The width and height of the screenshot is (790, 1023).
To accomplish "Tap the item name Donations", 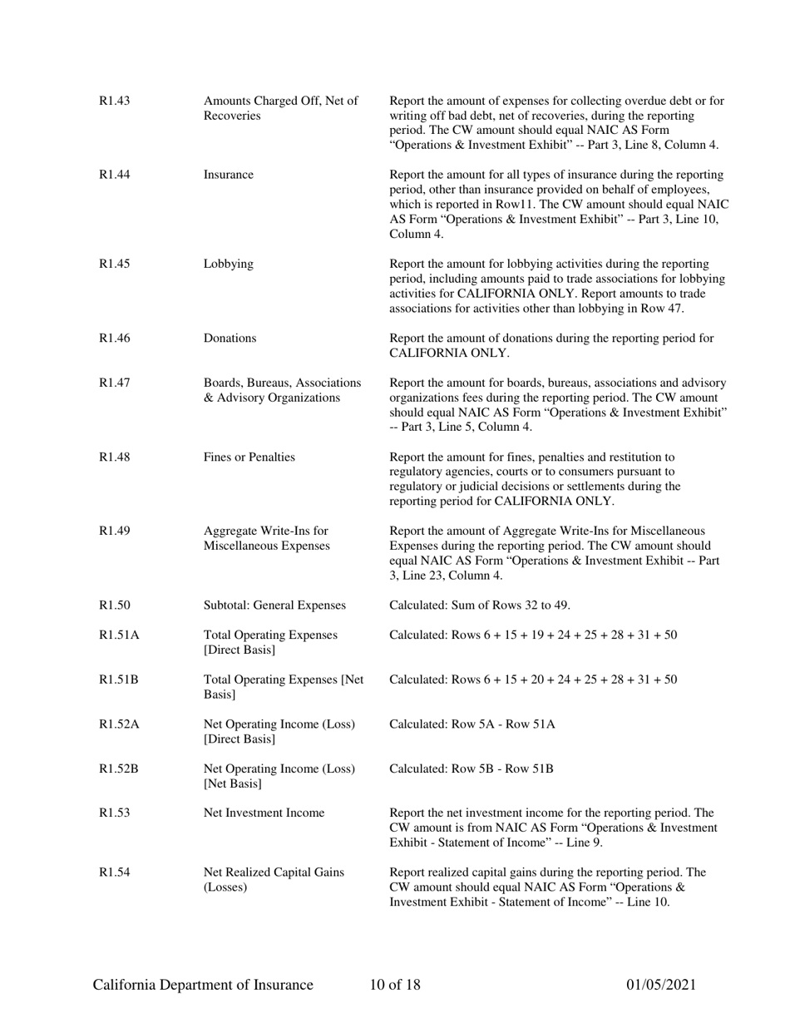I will pos(230,339).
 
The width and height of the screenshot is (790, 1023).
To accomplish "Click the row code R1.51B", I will pos(119,680).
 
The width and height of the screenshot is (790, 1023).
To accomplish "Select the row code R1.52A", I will pos(119,724).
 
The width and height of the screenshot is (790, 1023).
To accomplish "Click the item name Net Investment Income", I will pos(264,813).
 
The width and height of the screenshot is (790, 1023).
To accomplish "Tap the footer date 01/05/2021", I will pos(660,986).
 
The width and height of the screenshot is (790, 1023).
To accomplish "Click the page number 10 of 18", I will pos(395,986).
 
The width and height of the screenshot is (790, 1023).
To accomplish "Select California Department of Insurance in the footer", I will pos(203,986).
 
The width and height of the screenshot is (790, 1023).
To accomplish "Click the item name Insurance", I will pos(229,175).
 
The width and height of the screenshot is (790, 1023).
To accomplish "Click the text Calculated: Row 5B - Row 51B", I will pos(471,768).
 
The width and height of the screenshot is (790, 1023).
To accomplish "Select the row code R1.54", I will pos(115,872).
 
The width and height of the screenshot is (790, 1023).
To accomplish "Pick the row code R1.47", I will pos(115,383).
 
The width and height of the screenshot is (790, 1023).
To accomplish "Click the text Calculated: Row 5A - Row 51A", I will pos(472,724).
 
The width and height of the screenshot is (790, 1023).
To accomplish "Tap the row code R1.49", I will pos(115,531).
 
